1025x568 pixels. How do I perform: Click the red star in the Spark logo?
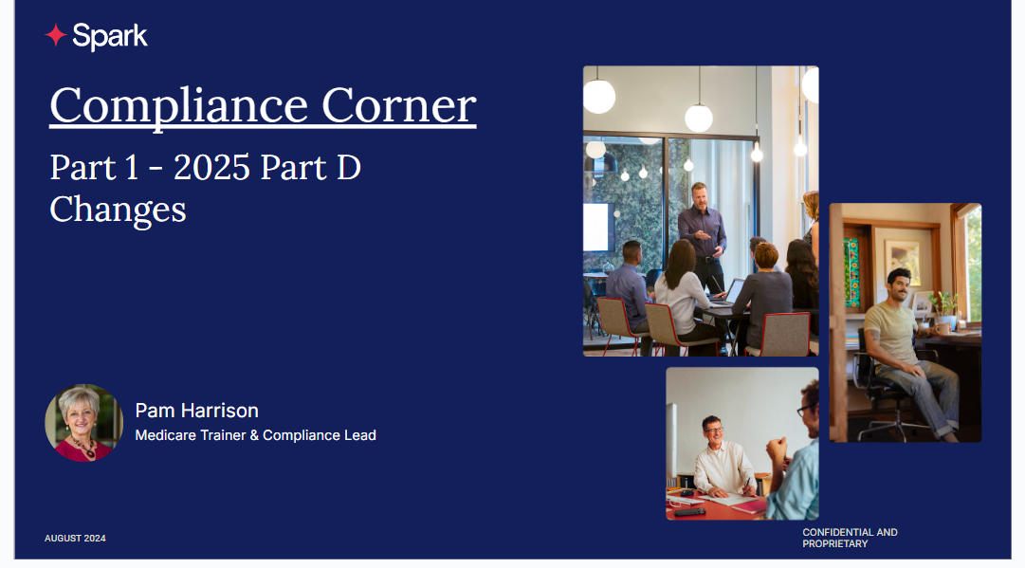point(56,35)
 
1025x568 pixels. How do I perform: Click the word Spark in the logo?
point(110,37)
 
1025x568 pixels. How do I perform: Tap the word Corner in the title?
point(399,105)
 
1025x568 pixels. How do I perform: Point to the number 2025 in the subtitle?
point(211,167)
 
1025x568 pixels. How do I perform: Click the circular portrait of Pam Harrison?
point(83,423)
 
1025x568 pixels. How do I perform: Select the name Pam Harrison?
point(197,411)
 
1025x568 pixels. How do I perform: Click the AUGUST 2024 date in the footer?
point(75,539)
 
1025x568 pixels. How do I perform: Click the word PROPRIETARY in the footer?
point(835,543)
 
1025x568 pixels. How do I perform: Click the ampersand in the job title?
point(254,435)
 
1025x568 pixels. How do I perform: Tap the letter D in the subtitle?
point(348,167)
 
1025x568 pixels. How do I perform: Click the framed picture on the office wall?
point(904,264)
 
